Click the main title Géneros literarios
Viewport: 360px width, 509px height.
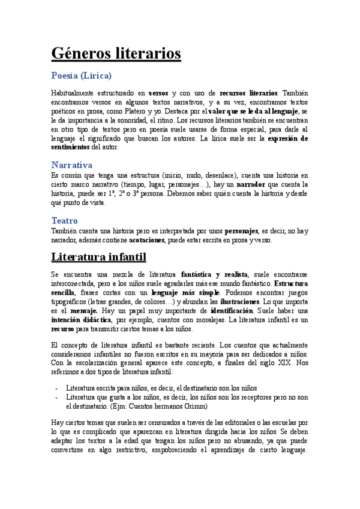116,53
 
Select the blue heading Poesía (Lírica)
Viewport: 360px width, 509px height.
81,76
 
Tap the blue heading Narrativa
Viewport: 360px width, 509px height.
71,164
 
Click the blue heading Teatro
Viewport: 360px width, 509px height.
64,220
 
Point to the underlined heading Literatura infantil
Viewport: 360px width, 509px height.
98,258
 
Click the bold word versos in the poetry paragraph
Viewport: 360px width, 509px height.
158,94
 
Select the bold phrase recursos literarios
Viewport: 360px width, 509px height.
248,94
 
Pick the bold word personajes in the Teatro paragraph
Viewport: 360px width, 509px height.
241,231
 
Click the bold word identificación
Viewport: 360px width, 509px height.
237,311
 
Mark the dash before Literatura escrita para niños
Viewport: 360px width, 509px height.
56,388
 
